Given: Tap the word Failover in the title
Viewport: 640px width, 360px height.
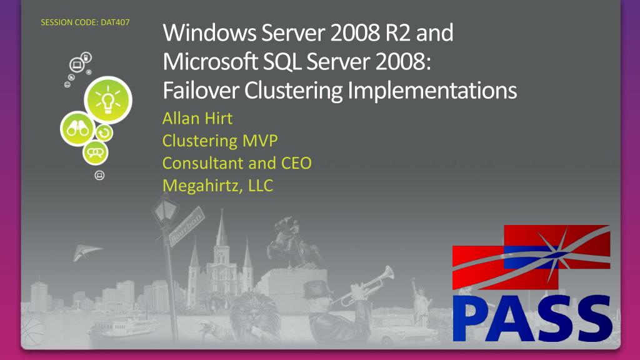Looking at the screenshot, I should click(201, 91).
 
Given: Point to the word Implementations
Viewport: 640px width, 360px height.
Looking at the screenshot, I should click(431, 91).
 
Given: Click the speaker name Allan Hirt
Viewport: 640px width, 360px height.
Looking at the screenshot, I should click(197, 119).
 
